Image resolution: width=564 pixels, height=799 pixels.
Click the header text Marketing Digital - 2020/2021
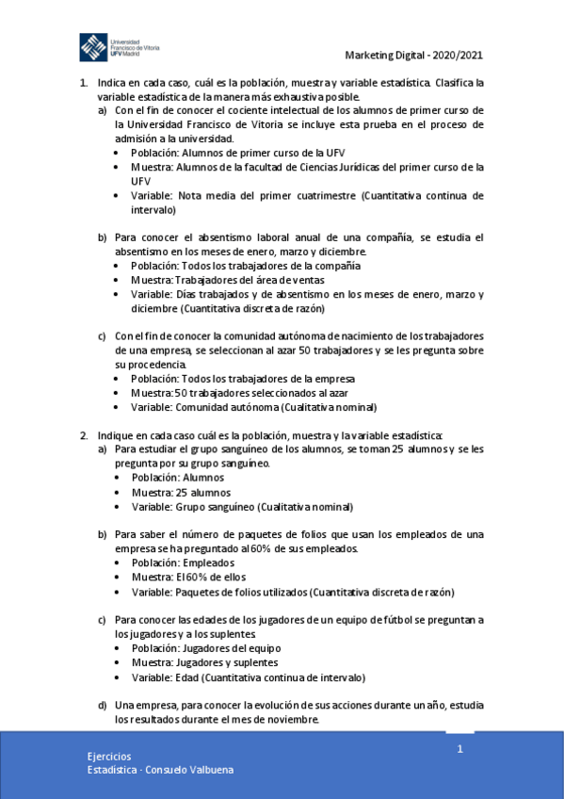[x=414, y=56]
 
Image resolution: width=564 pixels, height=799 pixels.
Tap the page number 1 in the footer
[x=459, y=748]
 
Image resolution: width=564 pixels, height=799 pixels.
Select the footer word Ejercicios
[x=108, y=756]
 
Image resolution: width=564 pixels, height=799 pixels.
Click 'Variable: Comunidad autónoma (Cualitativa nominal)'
[x=254, y=407]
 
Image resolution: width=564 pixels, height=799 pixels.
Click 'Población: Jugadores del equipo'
[x=206, y=648]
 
